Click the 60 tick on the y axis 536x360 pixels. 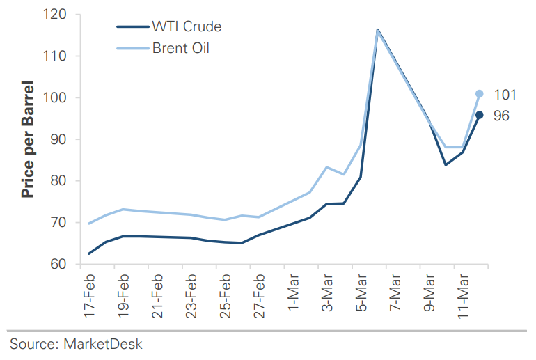[63, 265]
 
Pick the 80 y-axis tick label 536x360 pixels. [63, 181]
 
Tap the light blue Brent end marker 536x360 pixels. [480, 93]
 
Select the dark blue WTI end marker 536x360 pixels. [480, 115]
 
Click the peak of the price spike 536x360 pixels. [377, 30]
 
